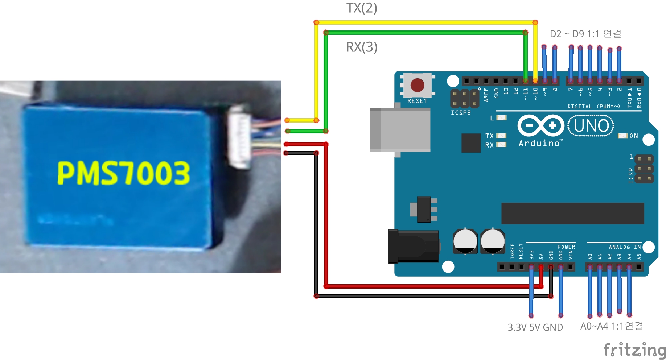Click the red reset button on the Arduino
(417, 85)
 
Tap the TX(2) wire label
(362, 8)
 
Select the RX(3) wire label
(362, 47)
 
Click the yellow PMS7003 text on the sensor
(124, 173)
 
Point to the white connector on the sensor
(239, 137)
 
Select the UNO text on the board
(591, 126)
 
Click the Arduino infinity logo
(540, 126)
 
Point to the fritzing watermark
(634, 350)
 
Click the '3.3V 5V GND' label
(535, 327)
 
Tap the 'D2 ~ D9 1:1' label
(585, 34)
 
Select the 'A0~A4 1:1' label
(612, 326)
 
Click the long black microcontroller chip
(572, 214)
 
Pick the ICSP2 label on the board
(461, 113)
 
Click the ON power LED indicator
(623, 136)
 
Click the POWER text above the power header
(566, 247)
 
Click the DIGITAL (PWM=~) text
(593, 107)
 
